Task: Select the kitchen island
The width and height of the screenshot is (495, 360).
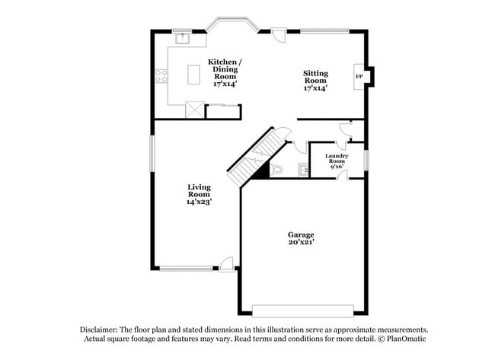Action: (x=193, y=73)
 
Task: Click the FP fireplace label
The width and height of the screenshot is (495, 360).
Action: (x=359, y=76)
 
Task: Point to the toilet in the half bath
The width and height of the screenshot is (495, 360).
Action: (x=276, y=169)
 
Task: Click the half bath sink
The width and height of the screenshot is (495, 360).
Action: (x=303, y=169)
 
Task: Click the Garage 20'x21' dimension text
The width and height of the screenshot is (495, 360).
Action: (x=302, y=241)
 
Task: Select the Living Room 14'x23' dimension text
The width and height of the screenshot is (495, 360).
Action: (x=199, y=202)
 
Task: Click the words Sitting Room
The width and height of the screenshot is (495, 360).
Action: (x=315, y=77)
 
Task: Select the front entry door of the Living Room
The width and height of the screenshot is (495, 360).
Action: (x=226, y=264)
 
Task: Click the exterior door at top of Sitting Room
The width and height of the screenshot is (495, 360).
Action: (x=279, y=36)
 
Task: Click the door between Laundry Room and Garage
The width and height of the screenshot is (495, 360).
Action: (x=343, y=176)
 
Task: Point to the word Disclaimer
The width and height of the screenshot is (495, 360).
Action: (x=100, y=330)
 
